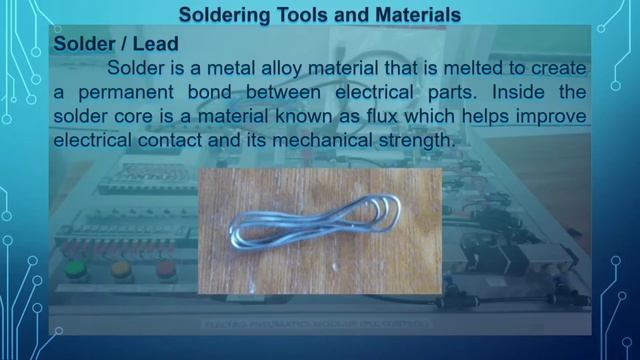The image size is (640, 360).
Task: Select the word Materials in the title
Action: point(412,15)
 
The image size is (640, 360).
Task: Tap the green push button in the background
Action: point(76,269)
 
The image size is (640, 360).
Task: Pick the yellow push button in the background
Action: point(121,269)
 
